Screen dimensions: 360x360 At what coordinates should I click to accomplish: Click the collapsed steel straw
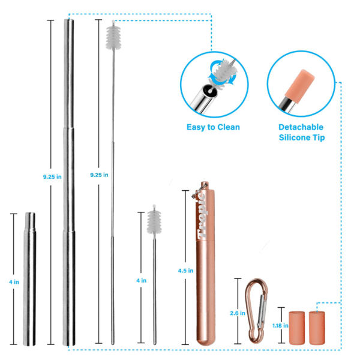pyautogui.click(x=29, y=279)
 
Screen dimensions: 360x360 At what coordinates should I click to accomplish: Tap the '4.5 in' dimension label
pyautogui.click(x=187, y=271)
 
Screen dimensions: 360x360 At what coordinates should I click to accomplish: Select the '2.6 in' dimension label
pyautogui.click(x=238, y=313)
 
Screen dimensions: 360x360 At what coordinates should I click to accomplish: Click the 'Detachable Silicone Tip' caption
pyautogui.click(x=301, y=133)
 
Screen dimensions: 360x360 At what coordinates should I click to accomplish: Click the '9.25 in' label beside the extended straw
pyautogui.click(x=51, y=177)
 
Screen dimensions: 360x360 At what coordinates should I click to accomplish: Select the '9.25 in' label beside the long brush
pyautogui.click(x=99, y=175)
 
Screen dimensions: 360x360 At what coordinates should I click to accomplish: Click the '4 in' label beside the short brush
pyautogui.click(x=142, y=280)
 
